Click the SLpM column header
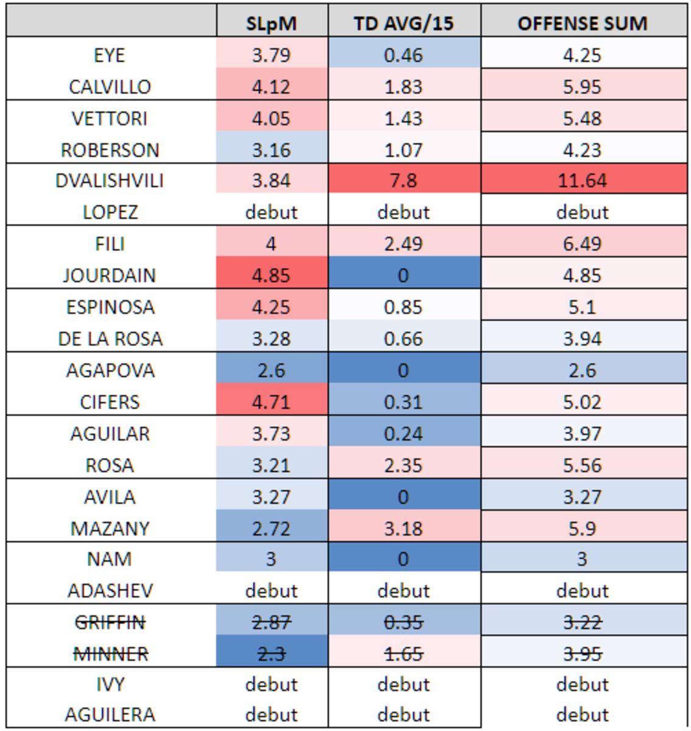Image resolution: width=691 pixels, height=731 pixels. [271, 23]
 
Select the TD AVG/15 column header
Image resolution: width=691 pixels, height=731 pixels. [403, 23]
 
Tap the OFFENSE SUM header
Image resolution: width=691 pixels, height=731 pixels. [582, 23]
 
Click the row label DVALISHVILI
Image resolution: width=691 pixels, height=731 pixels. [110, 180]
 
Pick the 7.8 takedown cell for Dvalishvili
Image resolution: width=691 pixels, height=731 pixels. [403, 180]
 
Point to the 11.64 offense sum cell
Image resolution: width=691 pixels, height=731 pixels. [582, 180]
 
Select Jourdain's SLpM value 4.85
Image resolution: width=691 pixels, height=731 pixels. [271, 275]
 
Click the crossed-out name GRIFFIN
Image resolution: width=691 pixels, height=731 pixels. [110, 622]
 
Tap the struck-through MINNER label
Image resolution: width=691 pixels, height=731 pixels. [110, 654]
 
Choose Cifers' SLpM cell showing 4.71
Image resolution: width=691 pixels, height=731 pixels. [271, 401]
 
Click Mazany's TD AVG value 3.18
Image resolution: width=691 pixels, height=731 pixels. [403, 528]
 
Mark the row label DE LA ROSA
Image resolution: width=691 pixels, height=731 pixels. [110, 338]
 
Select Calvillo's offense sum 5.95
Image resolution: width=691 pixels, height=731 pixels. [582, 87]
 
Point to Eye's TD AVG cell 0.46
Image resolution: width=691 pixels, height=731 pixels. [403, 55]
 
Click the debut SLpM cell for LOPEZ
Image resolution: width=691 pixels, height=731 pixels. [271, 212]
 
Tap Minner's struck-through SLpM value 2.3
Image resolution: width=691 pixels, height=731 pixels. [271, 654]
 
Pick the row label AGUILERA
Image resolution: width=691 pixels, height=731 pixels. [110, 714]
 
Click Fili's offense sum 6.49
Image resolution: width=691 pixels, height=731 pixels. [582, 244]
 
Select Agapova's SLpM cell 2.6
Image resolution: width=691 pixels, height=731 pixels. [271, 370]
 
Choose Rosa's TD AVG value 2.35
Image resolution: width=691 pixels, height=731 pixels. [403, 465]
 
